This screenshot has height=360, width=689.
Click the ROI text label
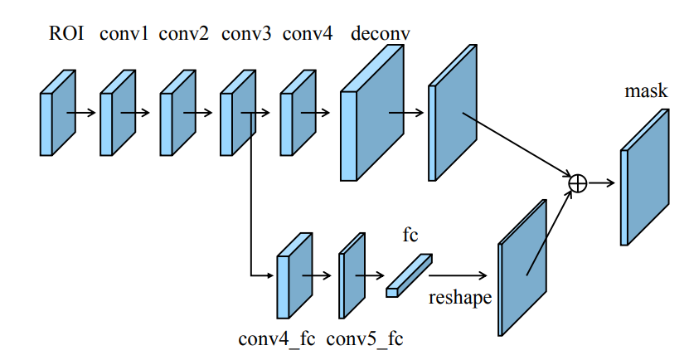click(x=66, y=34)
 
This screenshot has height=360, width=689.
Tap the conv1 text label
click(x=124, y=34)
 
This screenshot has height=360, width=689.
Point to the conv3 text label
click(x=246, y=34)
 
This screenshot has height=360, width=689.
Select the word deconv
click(x=381, y=34)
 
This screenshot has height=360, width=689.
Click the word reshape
click(x=460, y=296)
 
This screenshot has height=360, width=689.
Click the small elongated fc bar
click(x=409, y=275)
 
